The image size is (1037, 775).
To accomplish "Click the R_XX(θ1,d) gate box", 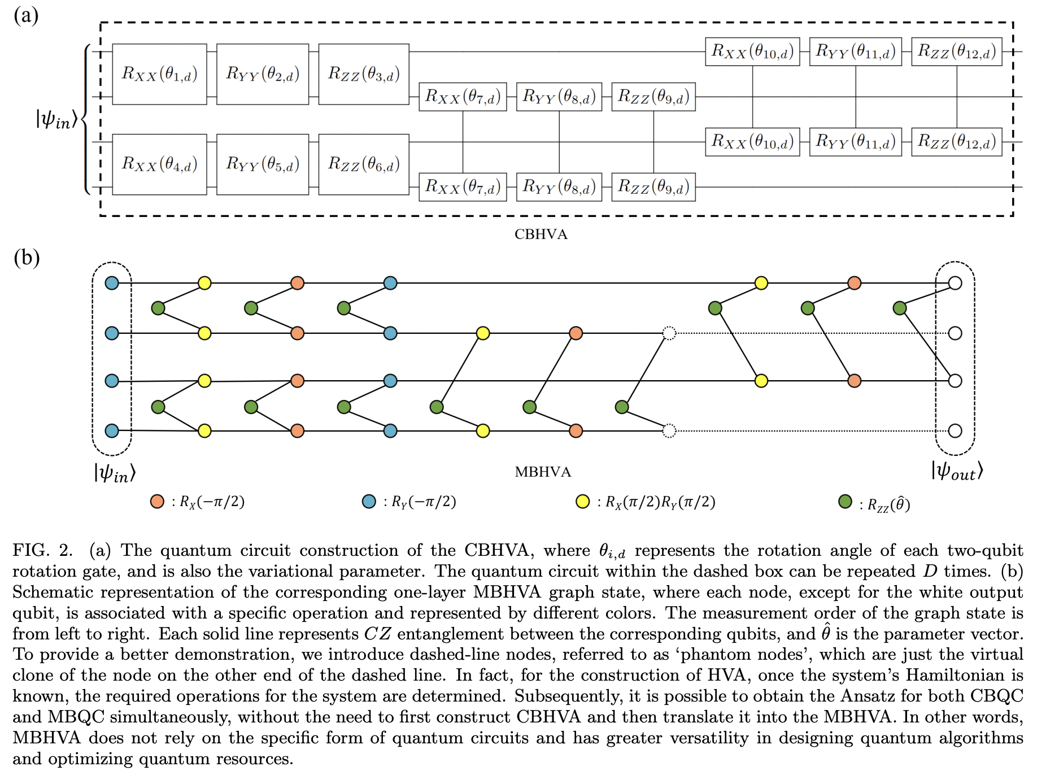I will tap(159, 74).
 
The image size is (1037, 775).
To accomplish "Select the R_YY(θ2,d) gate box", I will tap(263, 74).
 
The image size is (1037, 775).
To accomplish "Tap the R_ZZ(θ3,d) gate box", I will tap(364, 74).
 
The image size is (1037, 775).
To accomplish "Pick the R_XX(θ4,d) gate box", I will tap(159, 164).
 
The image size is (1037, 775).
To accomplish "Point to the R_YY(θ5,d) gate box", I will tap(263, 164).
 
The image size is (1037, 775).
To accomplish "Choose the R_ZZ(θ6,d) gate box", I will tap(364, 164).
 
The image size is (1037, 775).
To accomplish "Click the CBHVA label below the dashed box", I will tap(541, 234).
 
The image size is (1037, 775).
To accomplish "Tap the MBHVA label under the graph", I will tap(543, 472).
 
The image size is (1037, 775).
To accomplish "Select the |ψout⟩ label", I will tap(957, 471).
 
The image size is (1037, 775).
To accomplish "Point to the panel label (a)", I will tap(26, 15).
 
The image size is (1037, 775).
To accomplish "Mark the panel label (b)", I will tap(27, 258).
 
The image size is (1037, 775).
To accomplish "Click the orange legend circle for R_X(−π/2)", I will tap(157, 502).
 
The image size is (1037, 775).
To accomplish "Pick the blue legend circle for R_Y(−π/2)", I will tap(369, 502).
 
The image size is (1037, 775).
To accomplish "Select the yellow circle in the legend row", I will tap(582, 502).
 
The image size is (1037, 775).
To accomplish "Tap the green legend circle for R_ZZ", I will tap(845, 502).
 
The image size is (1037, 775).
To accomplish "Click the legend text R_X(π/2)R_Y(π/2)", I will tap(660, 502).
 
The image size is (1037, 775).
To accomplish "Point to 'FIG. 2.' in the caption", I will tap(43, 550).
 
